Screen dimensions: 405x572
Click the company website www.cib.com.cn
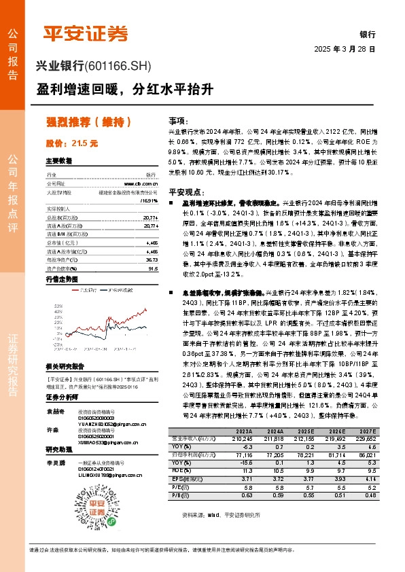coord(141,183)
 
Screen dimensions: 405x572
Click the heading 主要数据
coord(58,161)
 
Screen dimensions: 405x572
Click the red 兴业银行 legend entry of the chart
coord(86,289)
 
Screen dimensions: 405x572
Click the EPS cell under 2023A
coord(242,478)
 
